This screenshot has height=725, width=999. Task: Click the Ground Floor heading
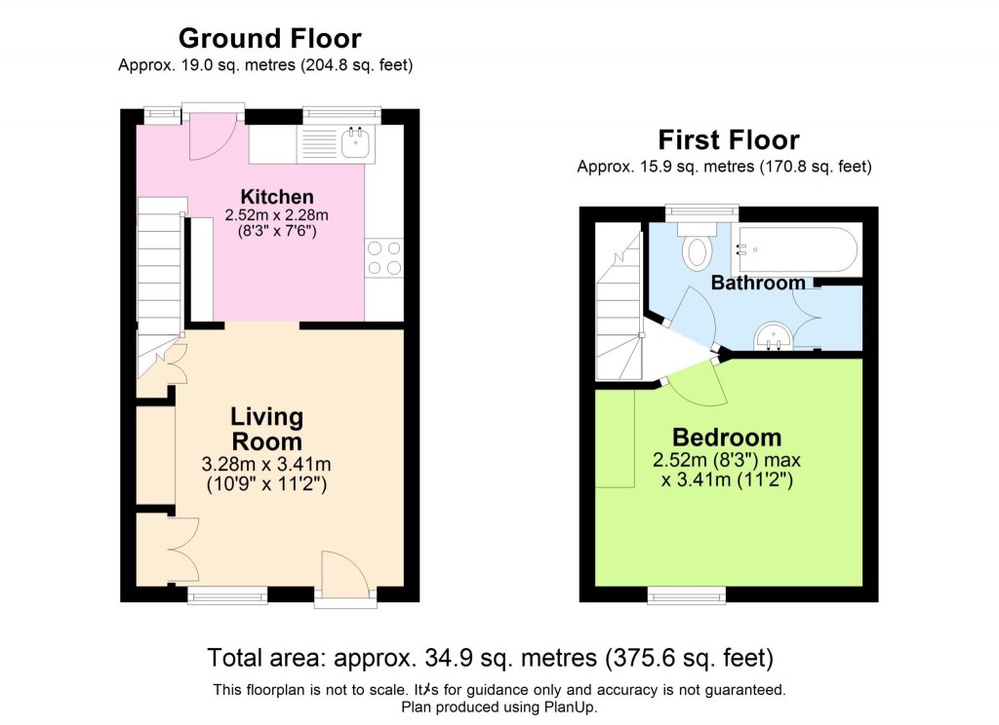coord(269,39)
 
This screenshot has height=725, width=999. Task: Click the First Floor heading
coord(728,140)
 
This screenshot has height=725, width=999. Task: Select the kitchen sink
coord(356,145)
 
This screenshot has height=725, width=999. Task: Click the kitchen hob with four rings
coord(383,258)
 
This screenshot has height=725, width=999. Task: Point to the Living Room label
coord(266,430)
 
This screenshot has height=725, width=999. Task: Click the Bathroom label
coord(758,284)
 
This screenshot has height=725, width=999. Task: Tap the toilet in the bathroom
coord(698,249)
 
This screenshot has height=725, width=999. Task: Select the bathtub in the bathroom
coord(797,250)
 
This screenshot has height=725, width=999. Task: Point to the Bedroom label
coord(727,437)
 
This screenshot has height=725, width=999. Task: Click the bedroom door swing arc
coord(699,386)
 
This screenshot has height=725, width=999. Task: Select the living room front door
coord(345,576)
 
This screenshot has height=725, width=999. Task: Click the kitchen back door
coord(211,135)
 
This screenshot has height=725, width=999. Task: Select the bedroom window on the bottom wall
coord(687,594)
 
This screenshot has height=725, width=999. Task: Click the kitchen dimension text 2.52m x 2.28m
coord(277,215)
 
